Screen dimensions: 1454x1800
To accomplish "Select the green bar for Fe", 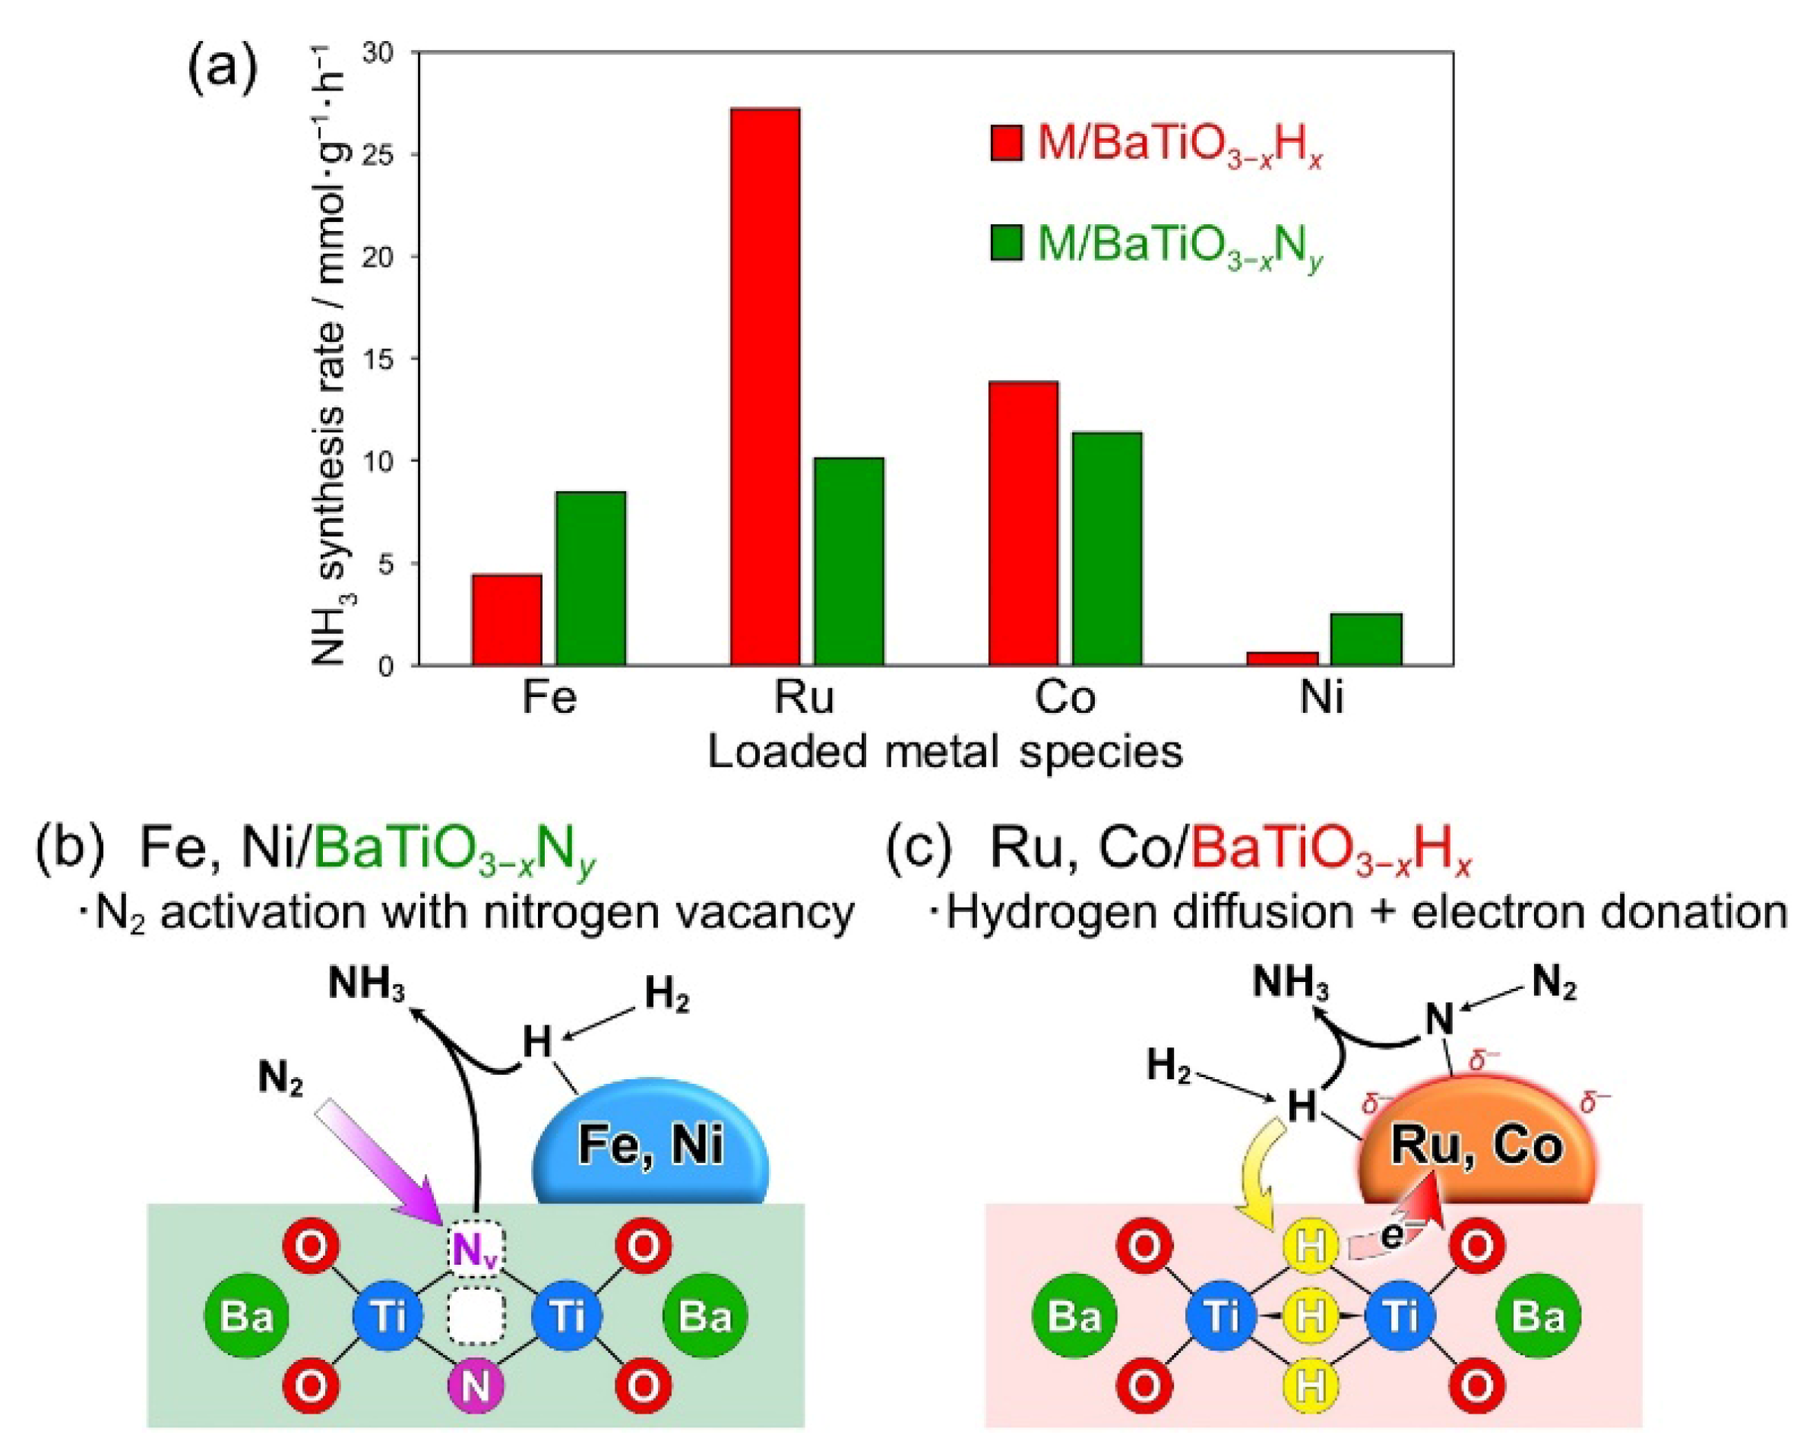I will point(591,578).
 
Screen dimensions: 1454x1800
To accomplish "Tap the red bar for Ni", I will point(1282,658).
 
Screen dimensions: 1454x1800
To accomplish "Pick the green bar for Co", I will point(1108,549).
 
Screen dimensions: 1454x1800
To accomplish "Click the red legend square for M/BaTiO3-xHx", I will point(1006,142).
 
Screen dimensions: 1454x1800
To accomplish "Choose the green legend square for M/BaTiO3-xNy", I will point(1006,243).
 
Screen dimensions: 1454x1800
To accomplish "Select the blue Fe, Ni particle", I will point(650,1144).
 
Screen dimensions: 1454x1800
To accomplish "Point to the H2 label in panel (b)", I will point(666,996).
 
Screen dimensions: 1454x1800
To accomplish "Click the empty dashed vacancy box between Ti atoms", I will point(476,1316).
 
